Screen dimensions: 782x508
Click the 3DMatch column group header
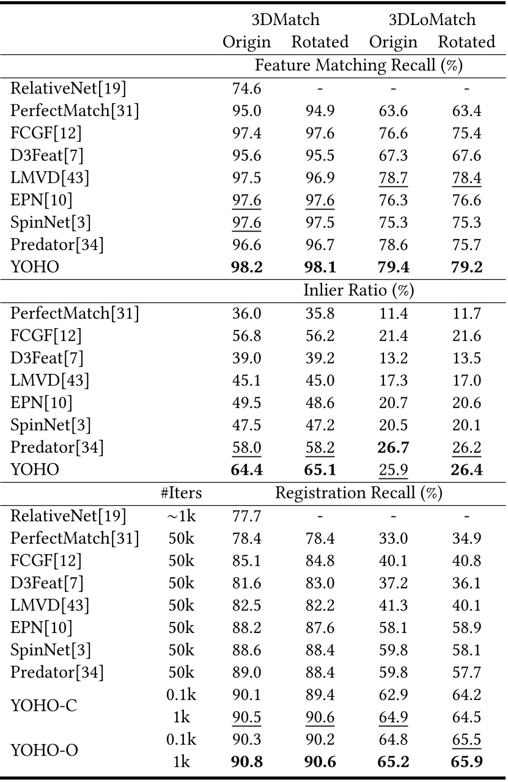pos(285,20)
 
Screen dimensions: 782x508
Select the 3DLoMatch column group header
pos(432,20)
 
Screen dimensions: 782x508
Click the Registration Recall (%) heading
pos(359,493)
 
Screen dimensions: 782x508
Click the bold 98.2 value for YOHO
pos(246,268)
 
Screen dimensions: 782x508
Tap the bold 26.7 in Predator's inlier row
pos(393,447)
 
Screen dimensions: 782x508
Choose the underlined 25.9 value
pos(393,470)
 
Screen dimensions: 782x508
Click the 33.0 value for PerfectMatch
pos(393,539)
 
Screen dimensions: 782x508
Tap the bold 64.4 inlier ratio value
pos(246,470)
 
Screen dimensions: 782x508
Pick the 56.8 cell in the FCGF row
pos(246,335)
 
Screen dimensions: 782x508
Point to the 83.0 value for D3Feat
pos(320,584)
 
